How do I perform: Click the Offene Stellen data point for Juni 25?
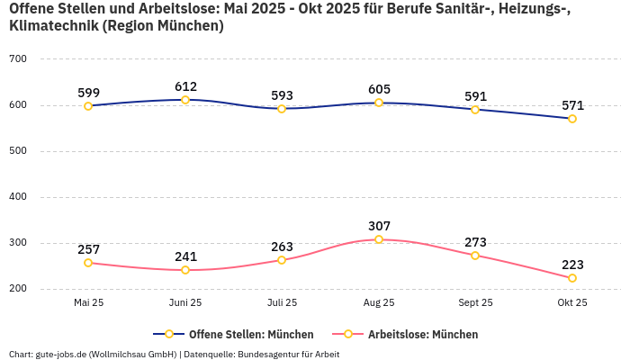click(x=185, y=100)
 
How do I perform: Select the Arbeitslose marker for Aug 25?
click(x=379, y=239)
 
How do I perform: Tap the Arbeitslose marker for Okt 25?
click(x=572, y=278)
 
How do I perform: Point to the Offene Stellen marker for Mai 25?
click(x=88, y=106)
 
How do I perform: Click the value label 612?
click(x=185, y=86)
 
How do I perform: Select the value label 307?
click(x=379, y=226)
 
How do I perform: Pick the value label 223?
click(x=572, y=265)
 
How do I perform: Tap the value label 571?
click(x=572, y=105)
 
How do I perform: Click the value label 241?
click(x=185, y=256)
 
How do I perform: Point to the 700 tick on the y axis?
click(x=18, y=59)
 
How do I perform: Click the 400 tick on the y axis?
click(x=18, y=197)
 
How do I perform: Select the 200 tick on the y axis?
click(x=18, y=289)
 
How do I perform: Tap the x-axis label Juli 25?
click(x=282, y=303)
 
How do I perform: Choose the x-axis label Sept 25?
click(x=475, y=303)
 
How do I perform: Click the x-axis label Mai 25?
click(x=88, y=303)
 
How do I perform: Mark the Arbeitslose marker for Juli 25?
click(x=282, y=260)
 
